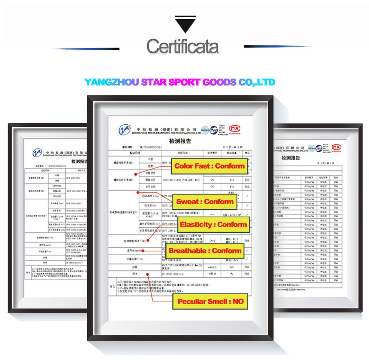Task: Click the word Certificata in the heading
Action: [x=183, y=47]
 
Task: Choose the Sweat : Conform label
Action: [x=205, y=202]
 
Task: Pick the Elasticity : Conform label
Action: [x=213, y=225]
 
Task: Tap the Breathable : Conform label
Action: [x=205, y=251]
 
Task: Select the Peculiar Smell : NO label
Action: [x=210, y=302]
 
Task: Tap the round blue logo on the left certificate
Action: [x=37, y=153]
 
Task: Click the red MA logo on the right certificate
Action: [x=336, y=147]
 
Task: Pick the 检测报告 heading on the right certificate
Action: [x=290, y=158]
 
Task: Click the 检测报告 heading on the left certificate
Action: [x=79, y=162]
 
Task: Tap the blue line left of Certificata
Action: [x=85, y=49]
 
